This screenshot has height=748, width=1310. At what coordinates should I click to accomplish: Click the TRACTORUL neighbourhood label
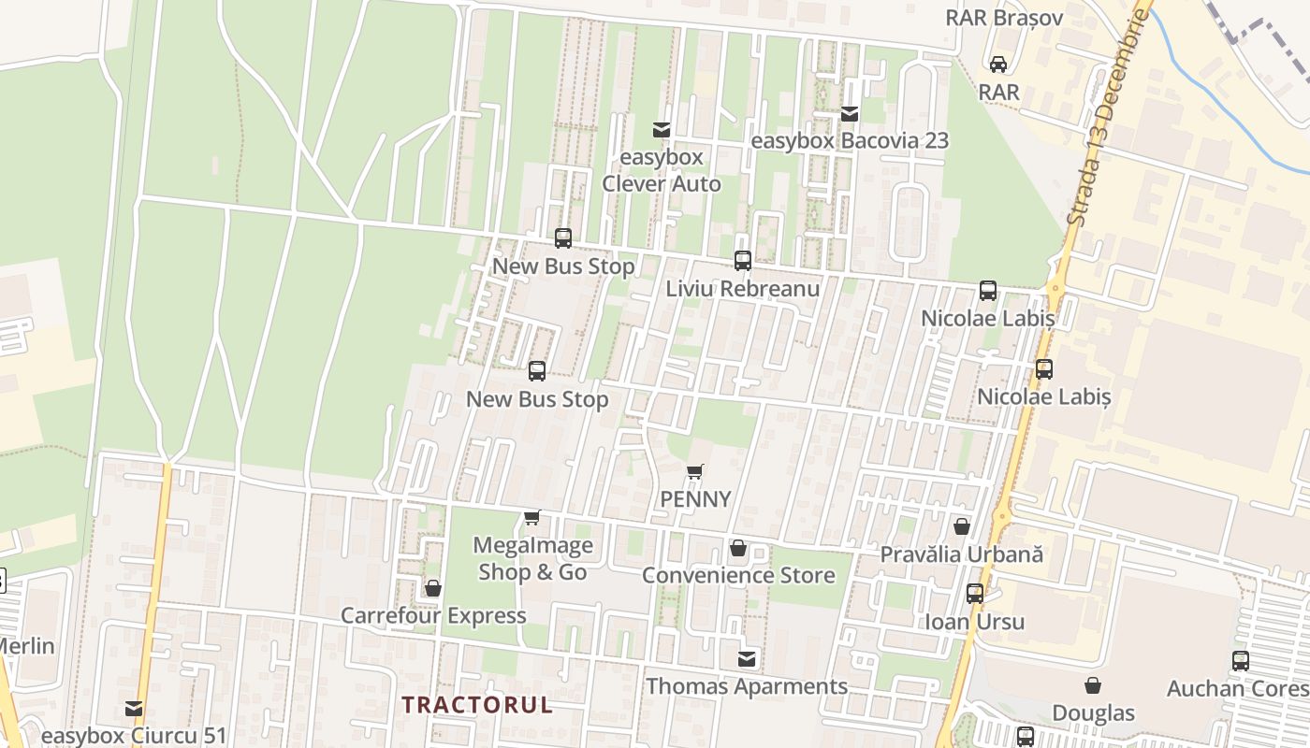coord(477,705)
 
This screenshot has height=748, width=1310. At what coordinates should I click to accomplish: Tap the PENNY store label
coord(695,499)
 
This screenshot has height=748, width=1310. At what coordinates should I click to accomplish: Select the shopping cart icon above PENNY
coord(694,472)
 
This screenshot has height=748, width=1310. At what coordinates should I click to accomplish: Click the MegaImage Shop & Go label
coord(532,558)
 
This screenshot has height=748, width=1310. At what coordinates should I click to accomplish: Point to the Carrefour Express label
coord(433,615)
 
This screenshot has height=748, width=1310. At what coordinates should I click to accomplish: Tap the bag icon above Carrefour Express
coord(433,588)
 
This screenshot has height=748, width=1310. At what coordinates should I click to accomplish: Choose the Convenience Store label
coord(738,575)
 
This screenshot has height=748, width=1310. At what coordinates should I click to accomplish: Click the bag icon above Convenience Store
coord(738,548)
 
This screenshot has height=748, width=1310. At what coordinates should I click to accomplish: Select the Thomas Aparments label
coord(747,686)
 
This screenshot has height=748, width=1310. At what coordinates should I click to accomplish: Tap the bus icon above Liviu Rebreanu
coord(743,261)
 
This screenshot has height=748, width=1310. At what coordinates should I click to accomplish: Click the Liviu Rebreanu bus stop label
coord(743,288)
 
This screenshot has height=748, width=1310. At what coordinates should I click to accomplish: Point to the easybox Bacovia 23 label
coord(850,141)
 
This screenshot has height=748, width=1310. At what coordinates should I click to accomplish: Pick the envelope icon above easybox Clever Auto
coord(662,129)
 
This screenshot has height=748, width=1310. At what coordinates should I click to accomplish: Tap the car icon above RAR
coord(998,65)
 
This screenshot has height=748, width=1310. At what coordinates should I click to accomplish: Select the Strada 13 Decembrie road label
coord(1107,117)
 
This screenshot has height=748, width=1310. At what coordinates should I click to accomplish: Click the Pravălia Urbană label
coord(961,554)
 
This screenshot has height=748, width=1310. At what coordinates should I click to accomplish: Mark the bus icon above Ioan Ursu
coord(975,594)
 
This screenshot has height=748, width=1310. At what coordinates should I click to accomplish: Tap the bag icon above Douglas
coord(1093,686)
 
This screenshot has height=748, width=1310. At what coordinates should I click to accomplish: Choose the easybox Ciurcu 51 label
coord(134,736)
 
